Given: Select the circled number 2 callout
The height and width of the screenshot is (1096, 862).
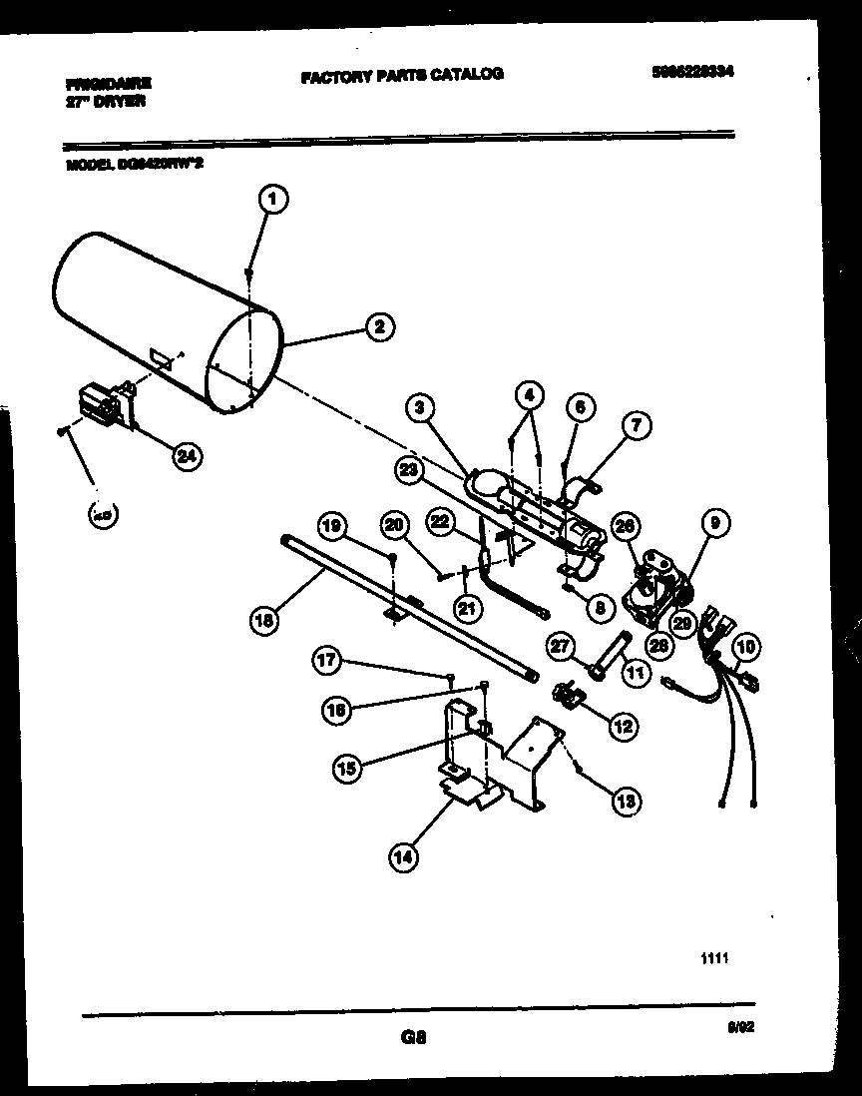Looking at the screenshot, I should [x=378, y=326].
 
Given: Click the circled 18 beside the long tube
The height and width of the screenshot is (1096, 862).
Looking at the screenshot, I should [x=264, y=619].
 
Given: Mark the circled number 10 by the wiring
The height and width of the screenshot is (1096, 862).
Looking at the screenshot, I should [x=745, y=649].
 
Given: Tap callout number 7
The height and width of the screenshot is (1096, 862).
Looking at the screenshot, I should [x=636, y=426].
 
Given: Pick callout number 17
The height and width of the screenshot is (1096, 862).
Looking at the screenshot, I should [x=330, y=660].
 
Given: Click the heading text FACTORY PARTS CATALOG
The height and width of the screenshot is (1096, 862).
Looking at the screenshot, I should [x=401, y=74].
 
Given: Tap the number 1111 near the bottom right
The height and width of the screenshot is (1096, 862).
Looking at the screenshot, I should [x=713, y=959].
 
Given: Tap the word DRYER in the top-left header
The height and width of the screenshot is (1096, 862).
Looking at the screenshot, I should [x=121, y=101].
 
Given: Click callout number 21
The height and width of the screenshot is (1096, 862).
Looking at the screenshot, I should [x=465, y=608].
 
